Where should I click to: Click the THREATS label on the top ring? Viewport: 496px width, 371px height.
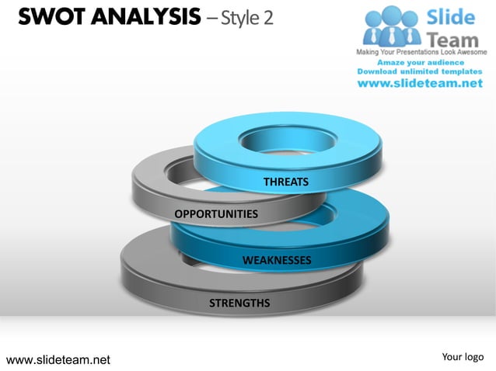[x=286, y=182]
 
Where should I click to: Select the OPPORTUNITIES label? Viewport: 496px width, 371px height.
[x=215, y=213]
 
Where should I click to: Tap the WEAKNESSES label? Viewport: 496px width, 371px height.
[x=277, y=260]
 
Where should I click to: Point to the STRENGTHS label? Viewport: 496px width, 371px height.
[x=239, y=303]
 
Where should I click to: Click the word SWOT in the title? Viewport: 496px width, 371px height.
[x=47, y=16]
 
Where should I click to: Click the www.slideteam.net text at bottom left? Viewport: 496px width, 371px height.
[x=58, y=359]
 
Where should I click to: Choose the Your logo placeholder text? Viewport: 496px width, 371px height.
[x=463, y=357]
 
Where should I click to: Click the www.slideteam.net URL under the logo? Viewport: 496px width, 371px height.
[x=421, y=84]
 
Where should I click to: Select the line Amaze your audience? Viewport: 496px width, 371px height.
[x=421, y=61]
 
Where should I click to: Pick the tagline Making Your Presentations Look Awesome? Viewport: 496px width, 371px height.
[x=421, y=52]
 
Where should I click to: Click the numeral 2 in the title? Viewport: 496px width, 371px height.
[x=268, y=17]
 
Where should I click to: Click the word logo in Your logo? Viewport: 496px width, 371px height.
[x=473, y=357]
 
